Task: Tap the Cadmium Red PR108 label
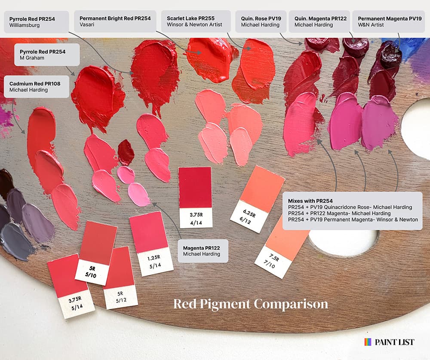(x=37, y=87)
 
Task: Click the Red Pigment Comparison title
(x=250, y=304)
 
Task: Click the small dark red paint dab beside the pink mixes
(x=126, y=152)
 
